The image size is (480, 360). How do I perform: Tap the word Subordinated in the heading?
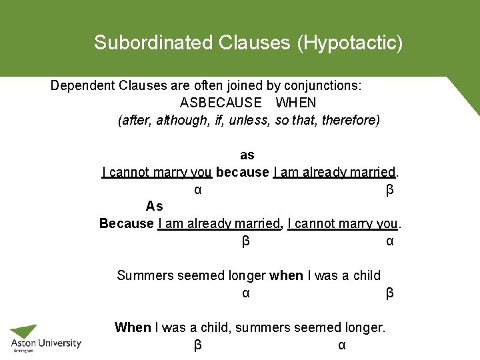click(x=153, y=43)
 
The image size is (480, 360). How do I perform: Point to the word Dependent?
click(x=83, y=86)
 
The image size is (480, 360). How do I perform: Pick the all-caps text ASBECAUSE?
click(x=221, y=103)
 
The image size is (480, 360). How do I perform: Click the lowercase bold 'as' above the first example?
click(x=247, y=155)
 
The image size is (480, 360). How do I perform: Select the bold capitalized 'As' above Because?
click(x=155, y=207)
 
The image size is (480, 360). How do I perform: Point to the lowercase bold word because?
click(x=242, y=173)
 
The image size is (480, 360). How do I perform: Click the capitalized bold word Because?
click(x=127, y=223)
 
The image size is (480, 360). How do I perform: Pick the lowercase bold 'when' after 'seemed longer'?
click(x=286, y=275)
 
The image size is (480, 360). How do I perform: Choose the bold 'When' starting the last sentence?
click(x=133, y=327)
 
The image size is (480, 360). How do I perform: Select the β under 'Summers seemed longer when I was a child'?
click(x=390, y=293)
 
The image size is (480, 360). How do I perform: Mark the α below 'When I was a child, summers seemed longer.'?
click(x=342, y=345)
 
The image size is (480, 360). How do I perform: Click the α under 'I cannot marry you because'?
click(x=198, y=191)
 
